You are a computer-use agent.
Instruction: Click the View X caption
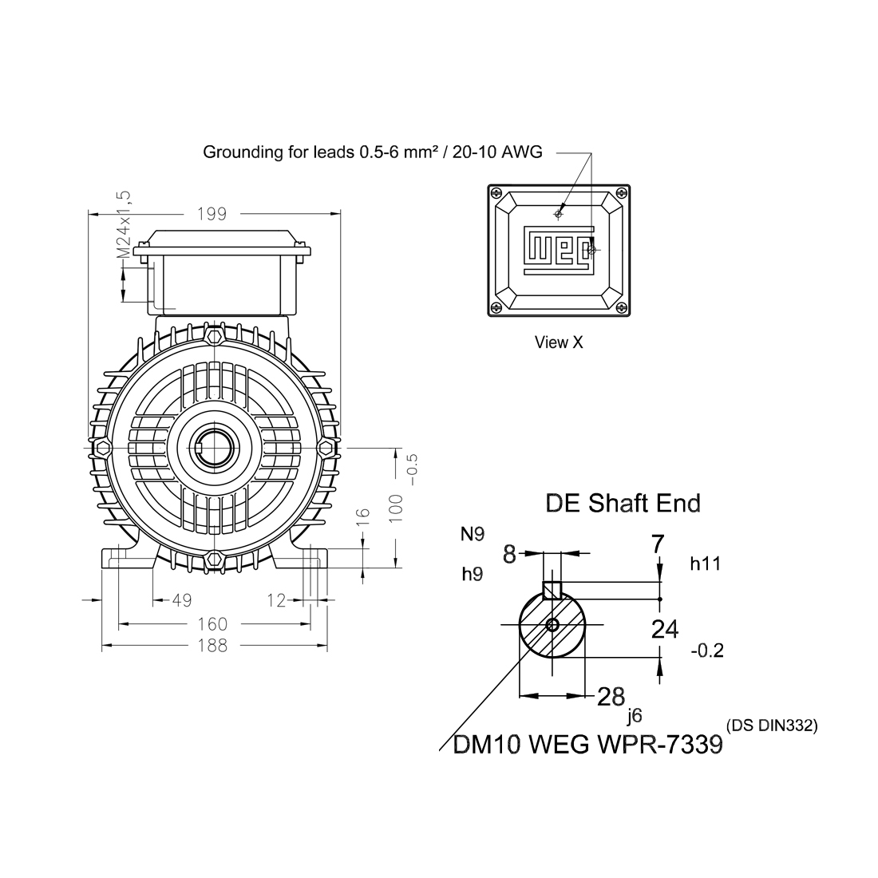559,342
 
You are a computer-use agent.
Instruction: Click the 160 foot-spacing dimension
212,624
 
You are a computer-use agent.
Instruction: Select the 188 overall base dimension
212,645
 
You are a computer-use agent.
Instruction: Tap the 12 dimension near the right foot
276,601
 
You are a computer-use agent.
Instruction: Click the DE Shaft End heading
623,503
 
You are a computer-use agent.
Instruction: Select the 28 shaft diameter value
611,696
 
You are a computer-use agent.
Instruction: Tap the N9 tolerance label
473,534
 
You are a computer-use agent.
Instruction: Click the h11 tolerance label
705,564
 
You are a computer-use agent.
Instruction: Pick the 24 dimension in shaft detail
664,629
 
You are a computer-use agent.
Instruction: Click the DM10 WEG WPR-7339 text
587,744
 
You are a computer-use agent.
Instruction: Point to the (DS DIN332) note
772,726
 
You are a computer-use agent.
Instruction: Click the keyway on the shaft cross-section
552,591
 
